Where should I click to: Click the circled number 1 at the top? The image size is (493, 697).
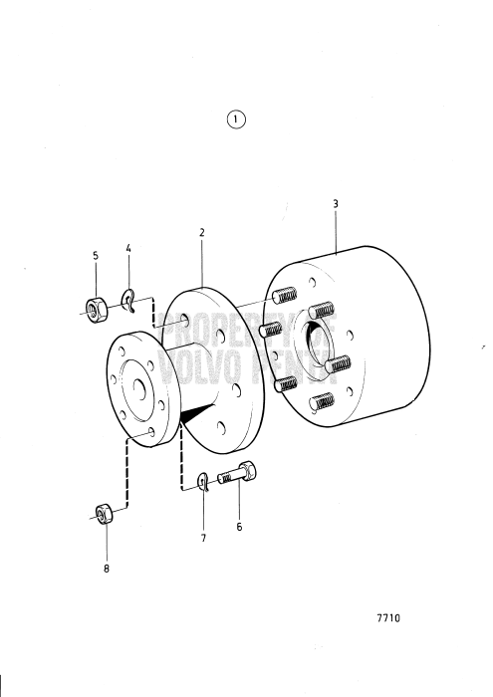point(236,119)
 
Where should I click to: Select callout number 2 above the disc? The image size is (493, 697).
point(201,232)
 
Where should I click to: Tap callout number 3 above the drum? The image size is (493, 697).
point(336,203)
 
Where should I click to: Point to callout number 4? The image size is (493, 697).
point(128,247)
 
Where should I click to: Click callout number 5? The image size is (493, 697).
point(96,255)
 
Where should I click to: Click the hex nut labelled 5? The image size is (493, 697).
point(96,306)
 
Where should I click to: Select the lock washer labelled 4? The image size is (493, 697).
point(129,297)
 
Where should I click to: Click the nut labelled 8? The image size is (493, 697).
point(103,514)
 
